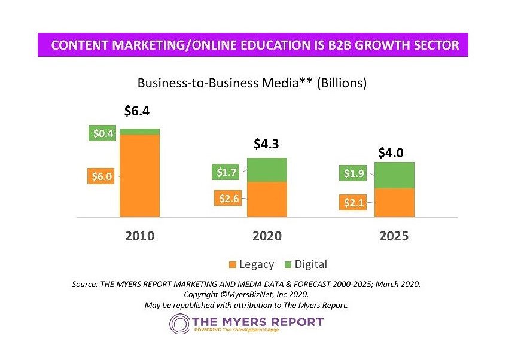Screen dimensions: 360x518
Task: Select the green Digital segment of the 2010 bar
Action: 139,131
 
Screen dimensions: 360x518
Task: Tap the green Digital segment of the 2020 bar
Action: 267,170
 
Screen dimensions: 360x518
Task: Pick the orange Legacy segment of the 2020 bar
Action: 267,199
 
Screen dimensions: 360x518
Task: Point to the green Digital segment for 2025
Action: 394,175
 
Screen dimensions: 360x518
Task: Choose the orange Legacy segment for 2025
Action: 394,203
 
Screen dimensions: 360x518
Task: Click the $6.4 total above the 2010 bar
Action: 136,111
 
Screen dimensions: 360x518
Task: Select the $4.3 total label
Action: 267,144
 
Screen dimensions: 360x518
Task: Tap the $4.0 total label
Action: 391,153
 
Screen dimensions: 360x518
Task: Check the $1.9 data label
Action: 354,174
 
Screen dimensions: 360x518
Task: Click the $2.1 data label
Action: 354,203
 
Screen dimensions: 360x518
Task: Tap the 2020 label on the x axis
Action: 267,236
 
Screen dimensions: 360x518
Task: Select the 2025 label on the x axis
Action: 394,236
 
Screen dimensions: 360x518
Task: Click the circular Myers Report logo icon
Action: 180,325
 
